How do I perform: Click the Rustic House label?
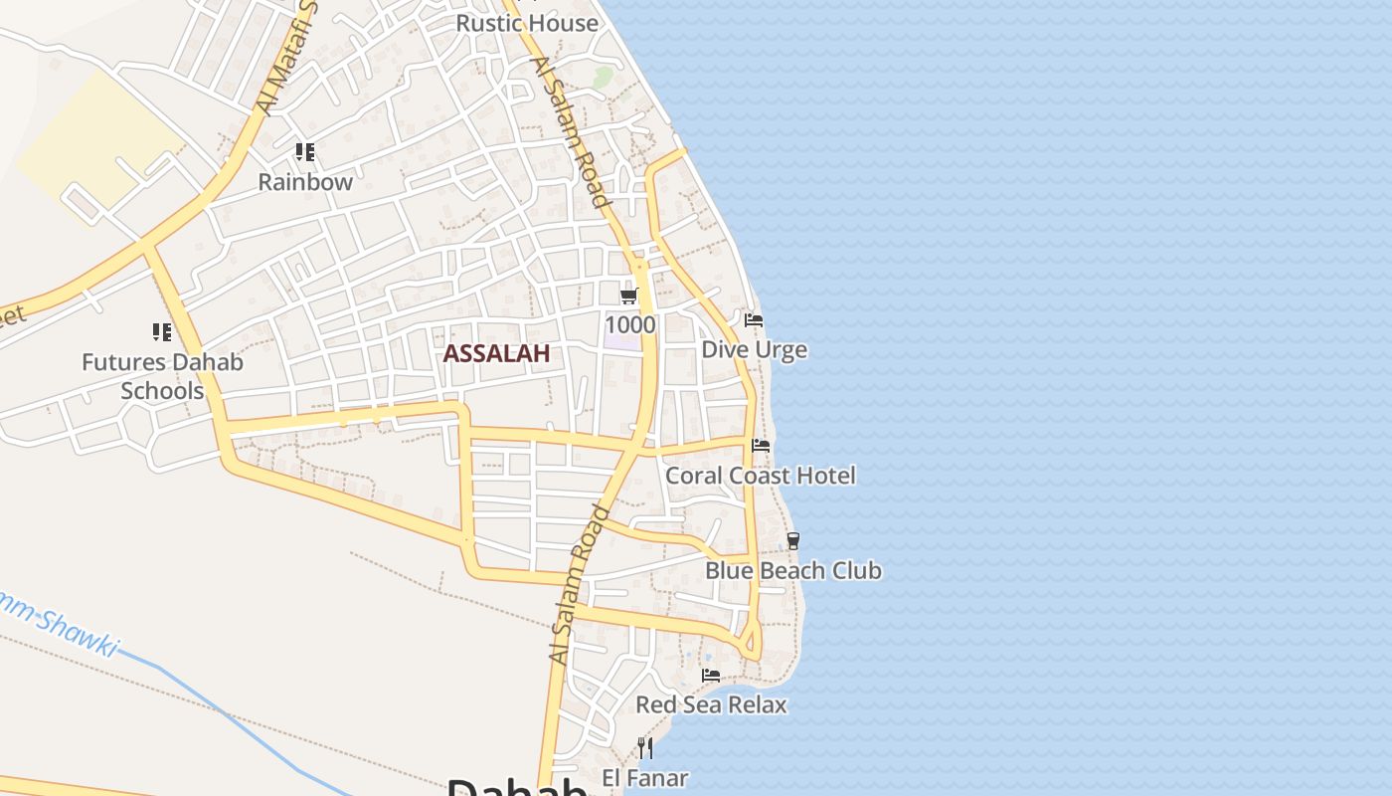(527, 22)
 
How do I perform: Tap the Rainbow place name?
(305, 182)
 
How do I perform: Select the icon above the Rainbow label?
(305, 152)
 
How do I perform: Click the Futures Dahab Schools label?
(162, 376)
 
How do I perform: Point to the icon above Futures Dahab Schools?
(162, 331)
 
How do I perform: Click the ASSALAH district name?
(496, 353)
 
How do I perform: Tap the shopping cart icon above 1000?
(628, 296)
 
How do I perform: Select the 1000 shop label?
(630, 324)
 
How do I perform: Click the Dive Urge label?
(755, 349)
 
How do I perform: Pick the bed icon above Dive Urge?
(754, 320)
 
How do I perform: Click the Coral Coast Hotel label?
(760, 475)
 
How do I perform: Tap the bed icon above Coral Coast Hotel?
(761, 446)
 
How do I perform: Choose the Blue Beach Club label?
(793, 570)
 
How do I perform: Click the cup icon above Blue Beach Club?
(792, 541)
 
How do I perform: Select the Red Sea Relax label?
(711, 704)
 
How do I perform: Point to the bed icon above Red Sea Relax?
(711, 676)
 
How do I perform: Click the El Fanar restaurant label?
(645, 777)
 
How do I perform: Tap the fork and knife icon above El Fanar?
(645, 747)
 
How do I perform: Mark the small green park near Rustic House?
(603, 77)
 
